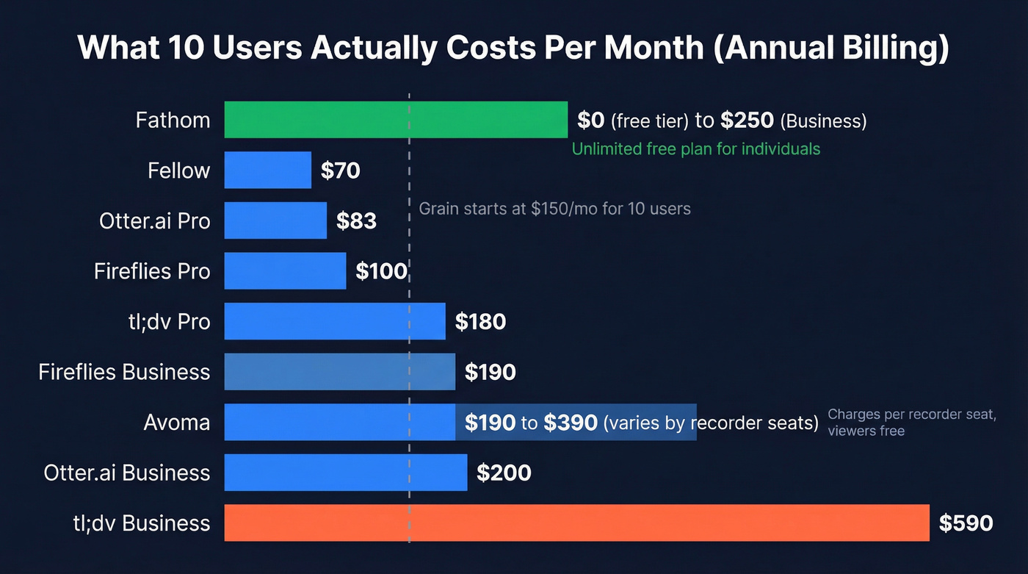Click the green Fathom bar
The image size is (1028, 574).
click(x=396, y=120)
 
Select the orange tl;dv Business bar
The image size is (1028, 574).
click(x=576, y=523)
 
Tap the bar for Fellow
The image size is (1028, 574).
click(x=267, y=171)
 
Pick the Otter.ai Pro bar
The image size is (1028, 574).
click(x=275, y=220)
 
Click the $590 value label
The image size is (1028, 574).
click(x=966, y=523)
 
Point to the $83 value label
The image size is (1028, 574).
click(x=356, y=220)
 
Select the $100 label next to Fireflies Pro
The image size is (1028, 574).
click(x=381, y=271)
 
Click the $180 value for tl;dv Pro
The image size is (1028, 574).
click(x=480, y=321)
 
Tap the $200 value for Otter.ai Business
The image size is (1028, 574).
click(x=503, y=473)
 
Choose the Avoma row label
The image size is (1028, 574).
click(x=176, y=423)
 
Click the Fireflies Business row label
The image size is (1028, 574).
click(x=124, y=372)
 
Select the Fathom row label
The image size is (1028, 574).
click(x=173, y=120)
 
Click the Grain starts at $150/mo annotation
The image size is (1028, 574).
click(x=554, y=209)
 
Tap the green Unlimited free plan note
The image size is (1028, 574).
click(x=695, y=149)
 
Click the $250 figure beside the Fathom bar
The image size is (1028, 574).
click(x=747, y=121)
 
